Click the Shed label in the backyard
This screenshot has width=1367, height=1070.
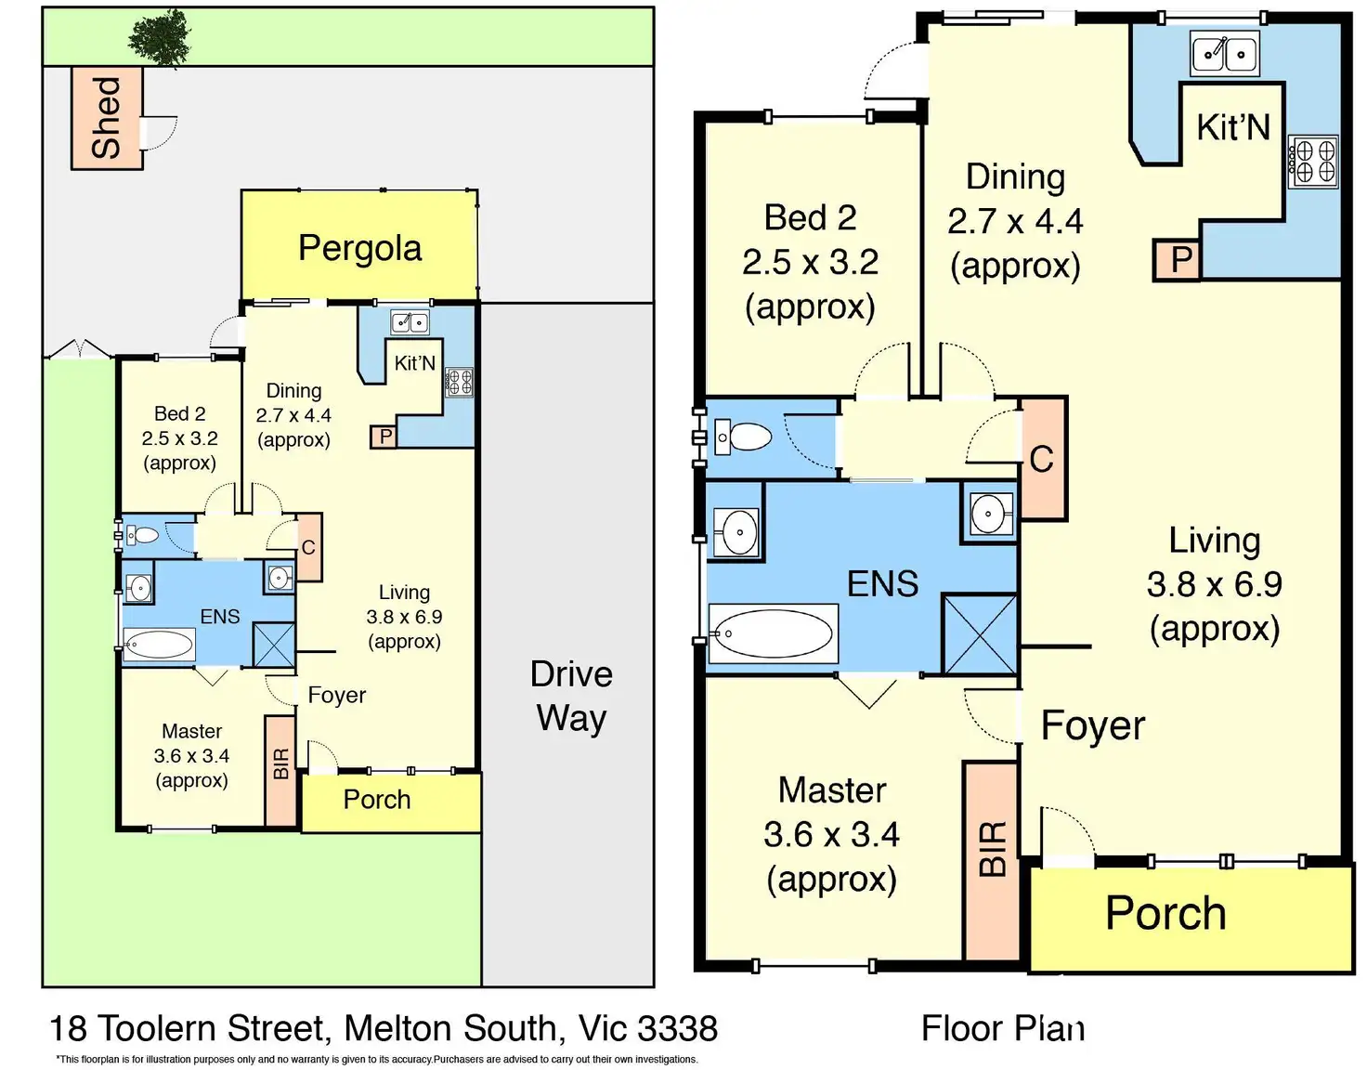point(106,118)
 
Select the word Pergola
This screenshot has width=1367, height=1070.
point(359,248)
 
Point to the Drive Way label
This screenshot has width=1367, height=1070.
point(571,696)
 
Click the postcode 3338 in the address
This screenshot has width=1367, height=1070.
point(677,1028)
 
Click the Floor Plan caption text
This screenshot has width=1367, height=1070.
point(1003,1028)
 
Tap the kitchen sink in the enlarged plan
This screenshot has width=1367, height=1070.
point(1224,54)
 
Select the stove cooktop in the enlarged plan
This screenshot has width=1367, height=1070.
point(1312,161)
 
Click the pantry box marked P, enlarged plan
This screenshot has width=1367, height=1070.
point(1177,259)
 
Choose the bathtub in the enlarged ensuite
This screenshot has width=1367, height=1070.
point(774,633)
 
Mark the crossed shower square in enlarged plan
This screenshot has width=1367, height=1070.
point(980,634)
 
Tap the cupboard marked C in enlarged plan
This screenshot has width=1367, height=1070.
point(1042,459)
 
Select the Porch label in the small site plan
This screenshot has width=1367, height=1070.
point(377,800)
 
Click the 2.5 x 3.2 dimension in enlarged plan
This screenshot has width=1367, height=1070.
point(810,262)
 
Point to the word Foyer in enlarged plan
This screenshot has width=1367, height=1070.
point(1093,725)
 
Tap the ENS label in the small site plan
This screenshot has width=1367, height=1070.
point(219,617)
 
